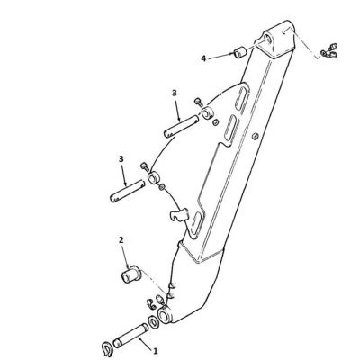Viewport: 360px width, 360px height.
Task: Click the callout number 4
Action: click(x=203, y=58)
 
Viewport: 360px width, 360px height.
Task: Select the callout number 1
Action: click(x=156, y=350)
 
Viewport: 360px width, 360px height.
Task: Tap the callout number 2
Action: click(x=121, y=240)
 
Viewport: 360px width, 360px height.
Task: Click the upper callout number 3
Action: click(x=175, y=94)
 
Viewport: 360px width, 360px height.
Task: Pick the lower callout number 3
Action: click(x=121, y=159)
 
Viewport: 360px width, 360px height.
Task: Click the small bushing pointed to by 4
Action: click(x=240, y=52)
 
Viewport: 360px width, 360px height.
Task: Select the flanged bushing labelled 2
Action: click(x=130, y=274)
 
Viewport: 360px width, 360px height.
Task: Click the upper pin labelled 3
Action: click(x=181, y=127)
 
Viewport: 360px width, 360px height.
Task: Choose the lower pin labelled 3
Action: click(x=128, y=191)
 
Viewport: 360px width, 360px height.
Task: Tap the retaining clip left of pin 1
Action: click(x=106, y=348)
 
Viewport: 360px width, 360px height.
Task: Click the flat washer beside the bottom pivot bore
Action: click(x=154, y=321)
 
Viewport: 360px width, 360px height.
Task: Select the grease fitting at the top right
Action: click(x=329, y=50)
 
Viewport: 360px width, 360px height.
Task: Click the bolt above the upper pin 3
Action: click(x=198, y=102)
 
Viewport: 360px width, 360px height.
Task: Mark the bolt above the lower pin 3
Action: click(x=144, y=166)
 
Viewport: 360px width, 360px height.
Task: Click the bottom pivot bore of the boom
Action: click(x=165, y=316)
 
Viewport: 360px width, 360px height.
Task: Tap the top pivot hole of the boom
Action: click(x=268, y=40)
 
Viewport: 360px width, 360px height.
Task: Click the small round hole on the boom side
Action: click(x=255, y=137)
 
